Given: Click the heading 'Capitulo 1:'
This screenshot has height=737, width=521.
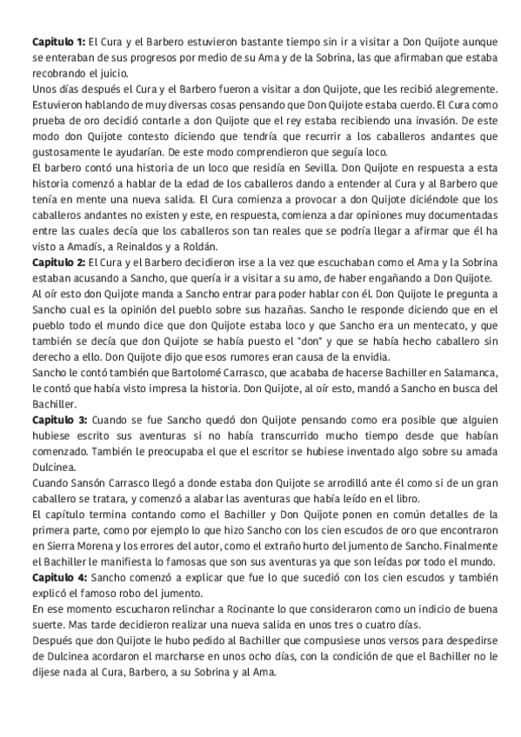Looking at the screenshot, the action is pyautogui.click(x=58, y=42).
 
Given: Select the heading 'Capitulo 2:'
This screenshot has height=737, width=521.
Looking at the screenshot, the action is pyautogui.click(x=58, y=262).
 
